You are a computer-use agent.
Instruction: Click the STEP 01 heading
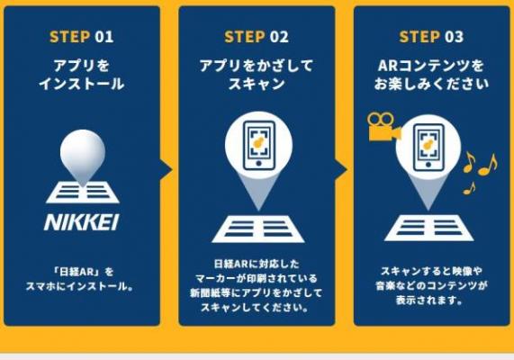[81, 36]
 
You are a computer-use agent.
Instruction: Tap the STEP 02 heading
[257, 36]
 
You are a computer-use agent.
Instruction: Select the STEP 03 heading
[431, 36]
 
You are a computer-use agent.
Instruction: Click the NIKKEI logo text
[82, 222]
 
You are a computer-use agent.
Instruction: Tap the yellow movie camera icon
[383, 127]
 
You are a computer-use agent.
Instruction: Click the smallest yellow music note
[469, 188]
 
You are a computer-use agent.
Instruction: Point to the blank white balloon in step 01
[83, 153]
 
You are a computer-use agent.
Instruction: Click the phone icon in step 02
[258, 146]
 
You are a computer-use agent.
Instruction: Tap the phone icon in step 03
[428, 148]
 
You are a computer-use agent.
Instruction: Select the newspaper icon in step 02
[258, 229]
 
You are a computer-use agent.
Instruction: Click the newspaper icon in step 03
[428, 228]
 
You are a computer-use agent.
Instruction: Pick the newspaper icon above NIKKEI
[83, 193]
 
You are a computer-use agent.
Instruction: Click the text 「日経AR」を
[83, 272]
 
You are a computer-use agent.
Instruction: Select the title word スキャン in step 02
[257, 84]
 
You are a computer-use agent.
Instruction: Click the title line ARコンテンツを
[431, 66]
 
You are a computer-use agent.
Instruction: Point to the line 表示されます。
[428, 300]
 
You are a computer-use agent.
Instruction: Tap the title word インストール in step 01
[82, 84]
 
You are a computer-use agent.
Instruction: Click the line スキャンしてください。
[256, 308]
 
